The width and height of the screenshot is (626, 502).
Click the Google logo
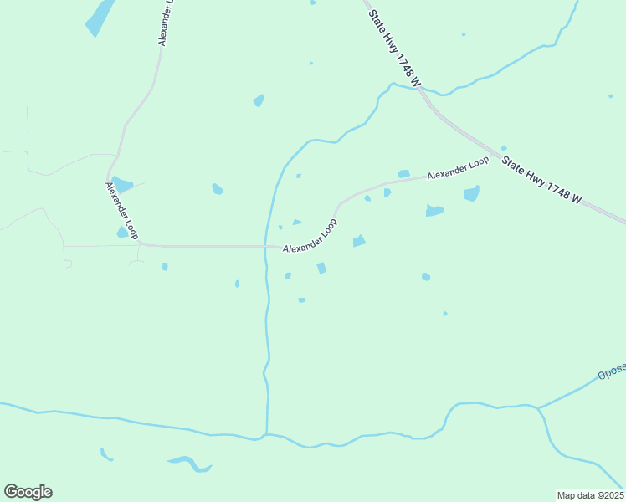[x=28, y=492]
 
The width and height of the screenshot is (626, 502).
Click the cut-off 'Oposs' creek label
[x=611, y=373]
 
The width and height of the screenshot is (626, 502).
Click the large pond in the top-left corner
[x=100, y=17]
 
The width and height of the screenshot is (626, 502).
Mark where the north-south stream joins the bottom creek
[x=266, y=434]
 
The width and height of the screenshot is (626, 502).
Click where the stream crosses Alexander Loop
[x=265, y=247]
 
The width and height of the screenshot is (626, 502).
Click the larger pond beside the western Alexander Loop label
[x=122, y=184]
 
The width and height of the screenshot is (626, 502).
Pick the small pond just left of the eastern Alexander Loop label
[x=404, y=174]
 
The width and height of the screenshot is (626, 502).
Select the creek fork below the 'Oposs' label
[x=538, y=408]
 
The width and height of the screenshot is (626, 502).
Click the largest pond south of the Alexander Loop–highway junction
[x=471, y=194]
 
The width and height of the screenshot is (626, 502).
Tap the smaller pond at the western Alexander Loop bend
[x=122, y=233]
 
